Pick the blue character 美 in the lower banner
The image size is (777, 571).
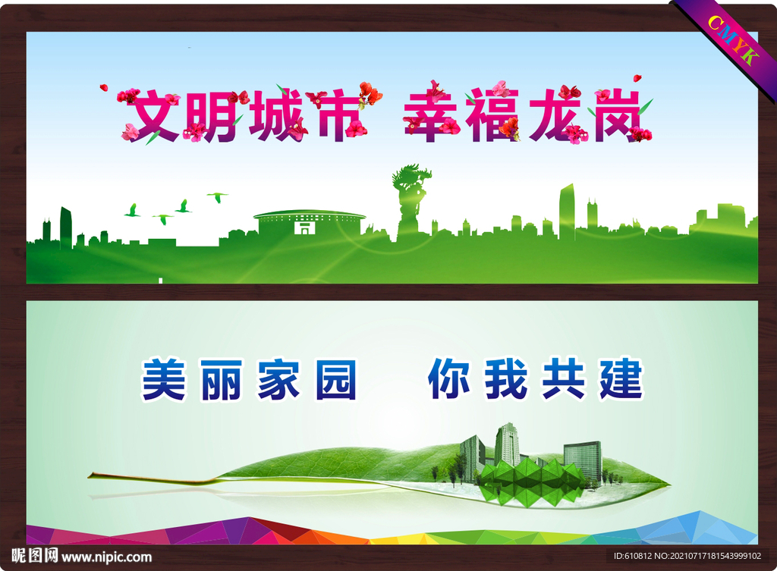click(164, 379)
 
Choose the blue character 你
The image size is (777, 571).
click(449, 379)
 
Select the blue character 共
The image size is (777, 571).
click(563, 379)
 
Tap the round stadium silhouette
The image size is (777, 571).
click(309, 222)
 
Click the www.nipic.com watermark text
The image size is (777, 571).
click(107, 557)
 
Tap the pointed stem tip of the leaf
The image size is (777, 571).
click(92, 475)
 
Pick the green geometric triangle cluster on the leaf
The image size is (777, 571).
click(531, 482)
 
